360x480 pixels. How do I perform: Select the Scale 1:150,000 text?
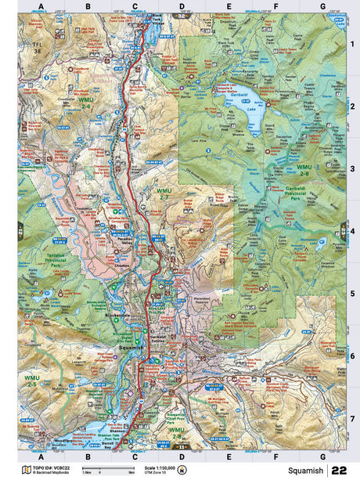tap(162, 467)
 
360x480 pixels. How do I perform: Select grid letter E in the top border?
tap(229, 7)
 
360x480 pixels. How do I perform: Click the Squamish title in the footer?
tap(305, 471)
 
